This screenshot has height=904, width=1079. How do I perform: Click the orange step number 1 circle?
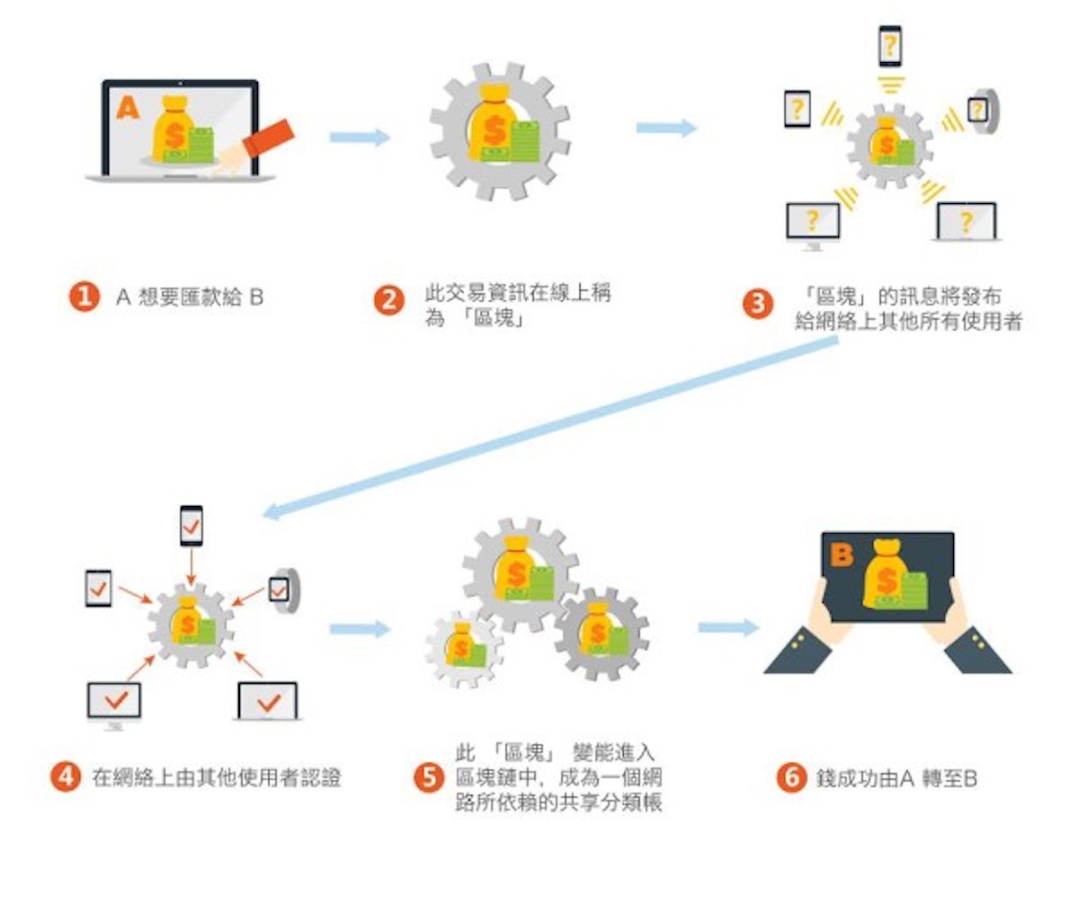pyautogui.click(x=85, y=297)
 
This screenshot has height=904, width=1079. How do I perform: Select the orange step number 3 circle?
pyautogui.click(x=757, y=304)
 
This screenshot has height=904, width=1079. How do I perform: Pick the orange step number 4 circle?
pyautogui.click(x=66, y=776)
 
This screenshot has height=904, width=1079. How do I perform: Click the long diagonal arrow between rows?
pyautogui.click(x=548, y=430)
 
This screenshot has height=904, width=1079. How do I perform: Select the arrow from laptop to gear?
pyautogui.click(x=360, y=137)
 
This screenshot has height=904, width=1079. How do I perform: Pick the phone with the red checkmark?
pyautogui.click(x=191, y=526)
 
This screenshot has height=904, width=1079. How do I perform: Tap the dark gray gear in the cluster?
pyautogui.click(x=601, y=633)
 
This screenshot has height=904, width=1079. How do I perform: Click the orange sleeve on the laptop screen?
pyautogui.click(x=269, y=137)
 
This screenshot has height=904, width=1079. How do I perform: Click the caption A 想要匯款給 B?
pyautogui.click(x=190, y=297)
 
